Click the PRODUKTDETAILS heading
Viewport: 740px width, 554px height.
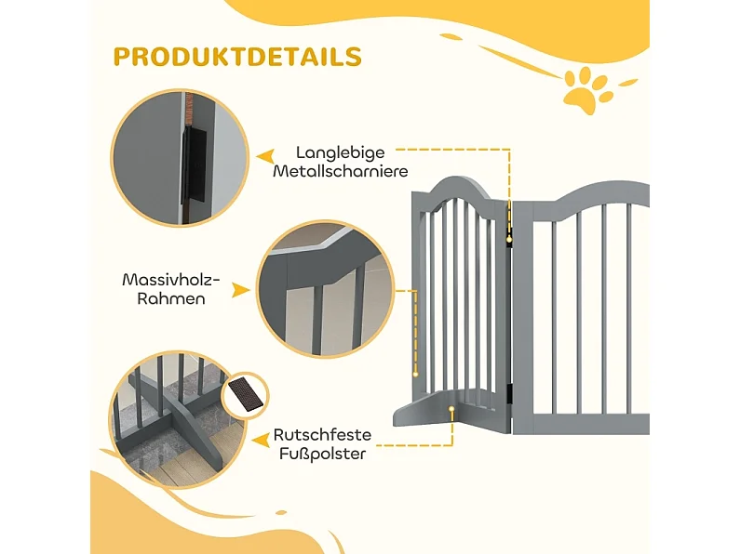[237, 57]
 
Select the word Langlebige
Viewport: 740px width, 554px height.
[341, 152]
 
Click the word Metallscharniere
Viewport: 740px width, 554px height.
[341, 170]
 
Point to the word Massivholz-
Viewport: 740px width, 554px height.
[171, 280]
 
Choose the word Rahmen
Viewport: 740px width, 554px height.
[171, 298]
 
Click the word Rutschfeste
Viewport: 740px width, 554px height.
[322, 434]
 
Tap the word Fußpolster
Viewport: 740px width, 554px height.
[322, 454]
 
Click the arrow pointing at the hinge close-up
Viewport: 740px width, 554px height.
[265, 157]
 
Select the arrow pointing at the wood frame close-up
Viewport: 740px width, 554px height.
[241, 290]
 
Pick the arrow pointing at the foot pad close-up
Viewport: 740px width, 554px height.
[261, 441]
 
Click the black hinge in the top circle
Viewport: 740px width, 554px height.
[194, 165]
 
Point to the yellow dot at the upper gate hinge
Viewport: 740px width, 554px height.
[509, 240]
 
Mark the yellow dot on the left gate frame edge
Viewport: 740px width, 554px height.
[415, 375]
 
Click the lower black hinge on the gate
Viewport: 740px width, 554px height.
[510, 394]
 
